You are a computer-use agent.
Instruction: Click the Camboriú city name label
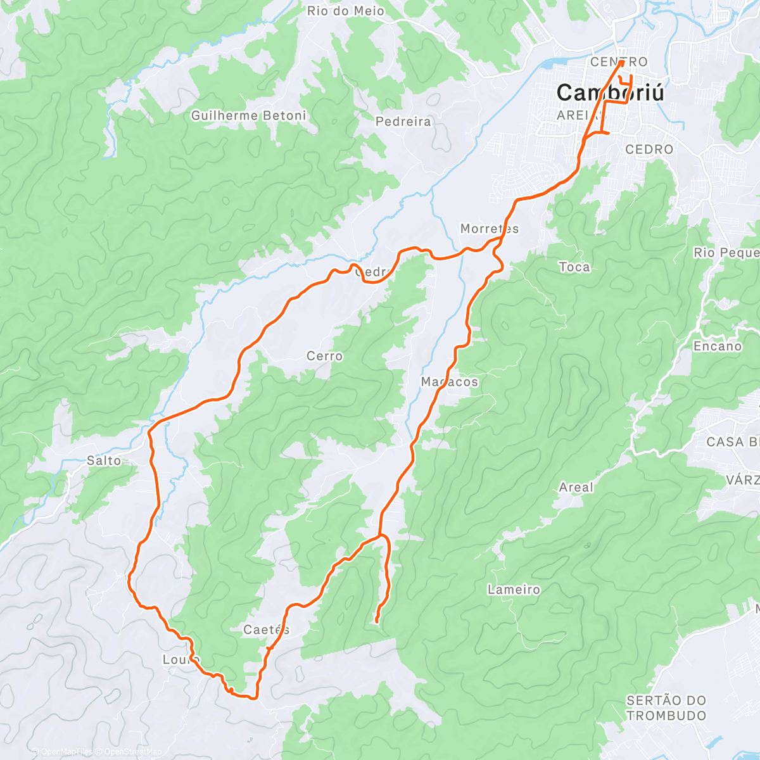tap(611, 92)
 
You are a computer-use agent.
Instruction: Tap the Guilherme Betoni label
tap(248, 115)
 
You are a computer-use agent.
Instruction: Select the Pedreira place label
tap(403, 121)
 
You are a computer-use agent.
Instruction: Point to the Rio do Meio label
tap(345, 11)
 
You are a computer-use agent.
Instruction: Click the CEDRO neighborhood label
tap(649, 149)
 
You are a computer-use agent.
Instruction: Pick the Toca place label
tap(574, 267)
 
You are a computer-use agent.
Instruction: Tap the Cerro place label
tap(324, 356)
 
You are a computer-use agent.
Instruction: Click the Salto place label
tap(104, 461)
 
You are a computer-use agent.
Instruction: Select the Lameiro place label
tap(514, 590)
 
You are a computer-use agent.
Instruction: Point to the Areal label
tap(576, 487)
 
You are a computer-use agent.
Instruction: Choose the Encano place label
tap(717, 346)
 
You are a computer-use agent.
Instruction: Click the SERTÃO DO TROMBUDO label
tap(666, 708)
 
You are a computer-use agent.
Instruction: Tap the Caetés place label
tap(266, 630)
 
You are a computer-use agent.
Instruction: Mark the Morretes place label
tap(489, 229)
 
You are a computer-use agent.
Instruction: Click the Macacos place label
tap(450, 382)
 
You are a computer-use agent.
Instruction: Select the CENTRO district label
tap(619, 62)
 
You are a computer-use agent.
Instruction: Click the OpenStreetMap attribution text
tap(130, 752)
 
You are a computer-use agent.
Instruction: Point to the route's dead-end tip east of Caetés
tap(377, 622)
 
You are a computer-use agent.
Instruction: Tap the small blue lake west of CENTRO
tap(555, 63)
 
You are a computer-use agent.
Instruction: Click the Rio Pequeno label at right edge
tap(726, 253)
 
